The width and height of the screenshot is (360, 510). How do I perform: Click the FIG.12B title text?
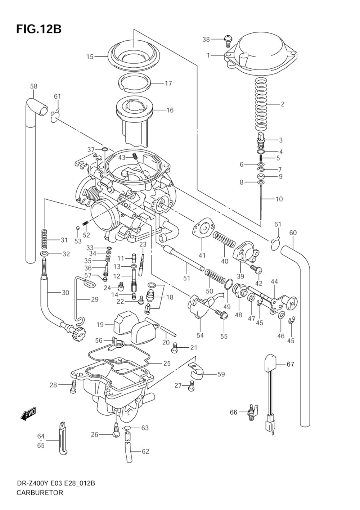click(39, 29)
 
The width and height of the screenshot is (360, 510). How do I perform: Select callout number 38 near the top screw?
click(206, 39)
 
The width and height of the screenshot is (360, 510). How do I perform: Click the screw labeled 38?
click(228, 40)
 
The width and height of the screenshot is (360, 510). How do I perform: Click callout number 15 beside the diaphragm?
click(90, 57)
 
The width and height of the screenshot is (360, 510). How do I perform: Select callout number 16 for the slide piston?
click(170, 110)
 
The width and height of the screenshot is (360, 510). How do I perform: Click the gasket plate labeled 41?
click(204, 227)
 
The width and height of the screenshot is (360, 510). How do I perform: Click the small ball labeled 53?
click(77, 228)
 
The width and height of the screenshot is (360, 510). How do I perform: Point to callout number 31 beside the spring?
click(64, 240)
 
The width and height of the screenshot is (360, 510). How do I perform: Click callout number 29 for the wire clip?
click(94, 299)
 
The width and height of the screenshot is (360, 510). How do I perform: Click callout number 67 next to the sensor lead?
click(290, 364)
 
